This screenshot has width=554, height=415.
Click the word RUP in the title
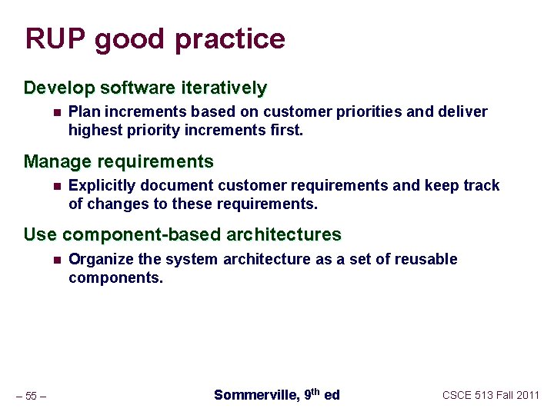pos(55,38)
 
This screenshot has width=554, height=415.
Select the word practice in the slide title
pos(234,39)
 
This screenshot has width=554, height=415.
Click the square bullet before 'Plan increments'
pos(55,113)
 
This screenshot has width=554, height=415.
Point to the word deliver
pos(463,112)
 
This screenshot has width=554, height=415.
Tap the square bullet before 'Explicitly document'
pos(55,186)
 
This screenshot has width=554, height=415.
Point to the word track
pos(481,186)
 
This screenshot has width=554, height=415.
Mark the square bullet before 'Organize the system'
pos(55,260)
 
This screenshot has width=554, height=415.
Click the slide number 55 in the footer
pos(31,397)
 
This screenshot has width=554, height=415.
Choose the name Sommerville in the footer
pos(255,395)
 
